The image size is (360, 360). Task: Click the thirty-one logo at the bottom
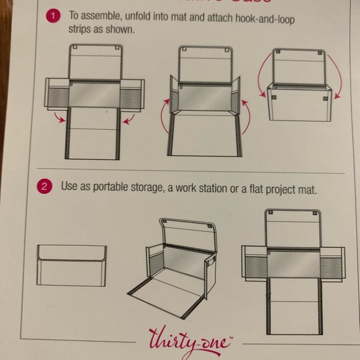click(x=189, y=340)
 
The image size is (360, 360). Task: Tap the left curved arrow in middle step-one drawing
click(x=164, y=124)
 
